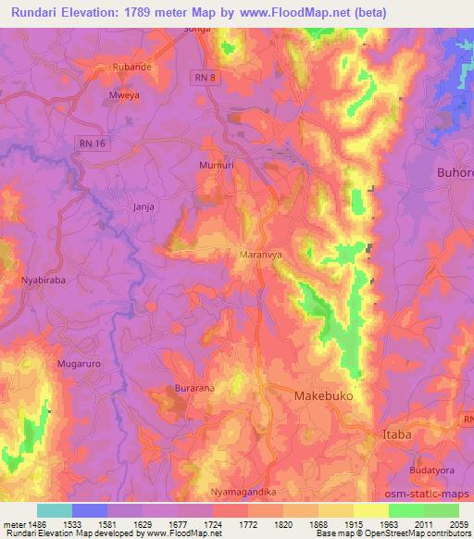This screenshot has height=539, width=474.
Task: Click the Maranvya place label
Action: (259, 250)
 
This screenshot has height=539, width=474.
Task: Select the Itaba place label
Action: (398, 433)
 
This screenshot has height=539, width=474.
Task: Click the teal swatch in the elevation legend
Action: (54, 509)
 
